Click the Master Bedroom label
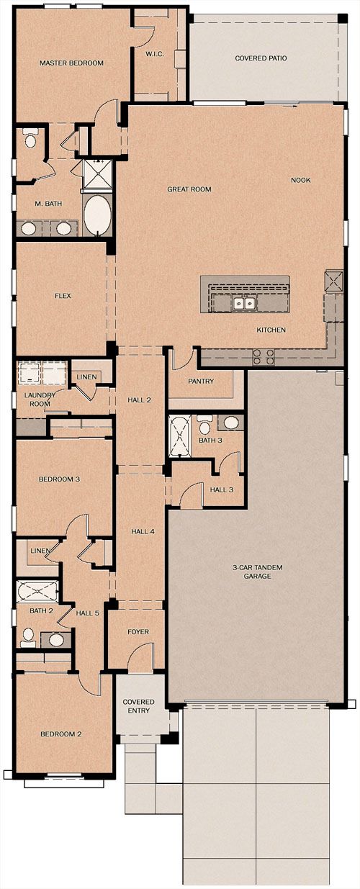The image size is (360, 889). tap(71, 63)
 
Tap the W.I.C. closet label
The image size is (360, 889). tap(155, 54)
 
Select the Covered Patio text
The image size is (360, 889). tap(261, 58)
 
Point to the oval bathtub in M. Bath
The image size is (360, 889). tap(97, 215)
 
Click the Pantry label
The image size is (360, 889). tap(201, 381)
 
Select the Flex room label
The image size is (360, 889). tap(63, 296)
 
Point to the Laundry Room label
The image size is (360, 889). tap(40, 400)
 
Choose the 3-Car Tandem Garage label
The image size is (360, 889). tap(257, 572)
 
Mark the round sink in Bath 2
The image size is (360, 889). tap(56, 640)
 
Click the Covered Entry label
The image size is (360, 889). tap(138, 706)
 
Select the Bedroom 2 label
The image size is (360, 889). tap(61, 734)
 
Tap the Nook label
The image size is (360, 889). tap(301, 180)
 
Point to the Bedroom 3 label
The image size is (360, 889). tap(59, 479)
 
